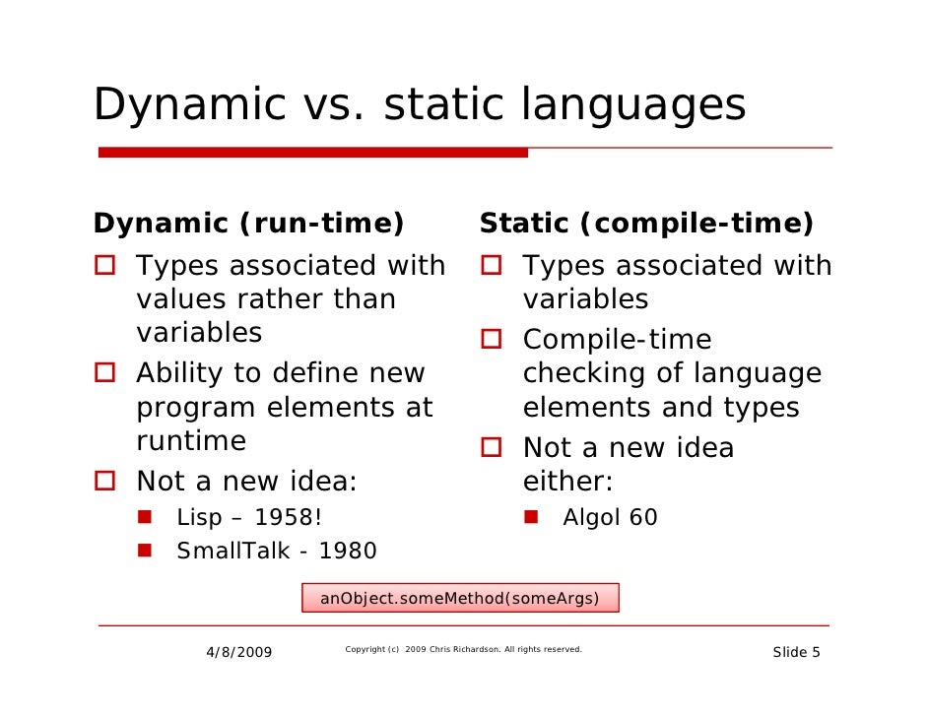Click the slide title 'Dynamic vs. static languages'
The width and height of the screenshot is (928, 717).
tap(419, 105)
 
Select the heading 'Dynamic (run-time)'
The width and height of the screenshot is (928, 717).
tap(248, 224)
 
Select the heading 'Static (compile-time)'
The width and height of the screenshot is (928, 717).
tap(646, 224)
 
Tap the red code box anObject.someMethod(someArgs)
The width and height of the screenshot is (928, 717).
tap(460, 598)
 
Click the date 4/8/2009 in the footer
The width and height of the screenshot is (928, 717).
tap(239, 653)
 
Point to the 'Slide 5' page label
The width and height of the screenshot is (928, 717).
tap(796, 653)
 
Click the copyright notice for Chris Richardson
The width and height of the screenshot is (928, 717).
tap(463, 650)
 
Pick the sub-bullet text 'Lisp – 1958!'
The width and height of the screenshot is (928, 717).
tap(249, 517)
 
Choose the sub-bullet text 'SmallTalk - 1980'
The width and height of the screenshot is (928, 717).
tap(276, 551)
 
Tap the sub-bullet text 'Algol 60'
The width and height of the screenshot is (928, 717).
tap(610, 517)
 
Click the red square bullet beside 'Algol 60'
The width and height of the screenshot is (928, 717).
tap(532, 516)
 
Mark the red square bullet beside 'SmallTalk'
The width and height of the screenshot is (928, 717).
tap(146, 550)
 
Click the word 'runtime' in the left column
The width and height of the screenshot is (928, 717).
tap(191, 441)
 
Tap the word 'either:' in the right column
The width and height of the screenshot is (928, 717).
tap(567, 483)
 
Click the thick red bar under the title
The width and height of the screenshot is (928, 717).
tap(313, 153)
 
